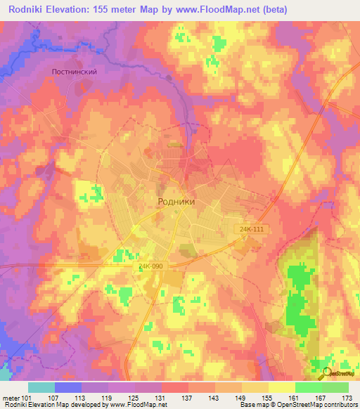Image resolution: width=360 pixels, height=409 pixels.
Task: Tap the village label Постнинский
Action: click(74, 72)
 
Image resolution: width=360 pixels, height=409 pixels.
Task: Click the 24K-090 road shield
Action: click(152, 267)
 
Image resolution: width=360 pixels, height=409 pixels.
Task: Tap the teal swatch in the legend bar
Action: click(41, 387)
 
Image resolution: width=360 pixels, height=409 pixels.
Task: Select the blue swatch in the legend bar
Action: click(68, 387)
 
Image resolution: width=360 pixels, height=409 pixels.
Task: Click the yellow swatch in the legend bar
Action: click(281, 387)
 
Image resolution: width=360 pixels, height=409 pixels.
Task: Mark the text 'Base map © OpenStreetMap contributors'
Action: click(297, 405)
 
